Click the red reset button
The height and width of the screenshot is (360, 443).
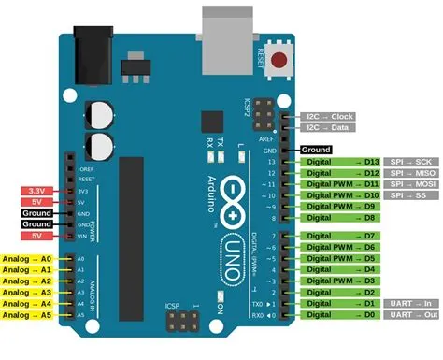click(279, 61)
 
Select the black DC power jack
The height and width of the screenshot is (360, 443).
click(99, 50)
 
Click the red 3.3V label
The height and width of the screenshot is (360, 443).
click(33, 191)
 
